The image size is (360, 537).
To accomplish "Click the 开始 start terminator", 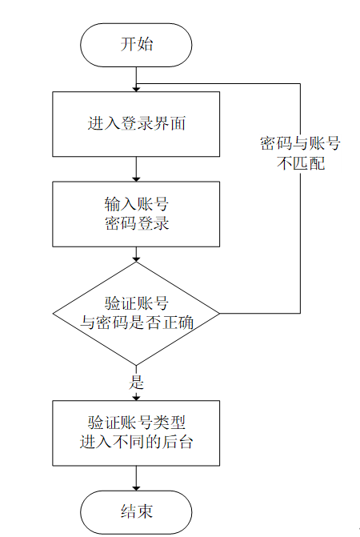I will tap(136, 44).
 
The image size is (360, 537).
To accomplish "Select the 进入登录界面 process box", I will tap(136, 124).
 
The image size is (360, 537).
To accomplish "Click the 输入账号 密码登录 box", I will tap(136, 214).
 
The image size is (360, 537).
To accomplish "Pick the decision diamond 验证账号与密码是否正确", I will tap(136, 312).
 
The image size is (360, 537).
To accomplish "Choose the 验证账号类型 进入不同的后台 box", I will tap(136, 432).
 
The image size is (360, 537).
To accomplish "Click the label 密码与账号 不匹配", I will tap(300, 153).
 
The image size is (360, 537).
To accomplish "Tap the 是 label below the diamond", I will tap(136, 381).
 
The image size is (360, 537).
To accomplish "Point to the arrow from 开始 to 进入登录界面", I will tap(136, 78).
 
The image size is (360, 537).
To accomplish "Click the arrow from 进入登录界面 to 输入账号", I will tap(136, 169).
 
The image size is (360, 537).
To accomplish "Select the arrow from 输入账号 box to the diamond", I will tap(136, 254).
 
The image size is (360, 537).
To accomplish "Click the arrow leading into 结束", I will tap(136, 478).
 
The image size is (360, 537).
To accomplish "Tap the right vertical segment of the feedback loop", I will tap(300, 240).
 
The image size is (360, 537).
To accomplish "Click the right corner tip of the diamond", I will tap(219, 312).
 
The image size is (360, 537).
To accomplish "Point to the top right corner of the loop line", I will tap(300, 83).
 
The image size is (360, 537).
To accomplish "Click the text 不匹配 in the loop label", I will tap(300, 162).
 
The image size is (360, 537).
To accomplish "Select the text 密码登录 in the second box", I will tap(136, 224).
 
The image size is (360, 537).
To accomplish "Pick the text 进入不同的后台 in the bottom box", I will tap(136, 442).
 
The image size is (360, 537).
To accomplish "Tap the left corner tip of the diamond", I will tap(54, 312).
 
